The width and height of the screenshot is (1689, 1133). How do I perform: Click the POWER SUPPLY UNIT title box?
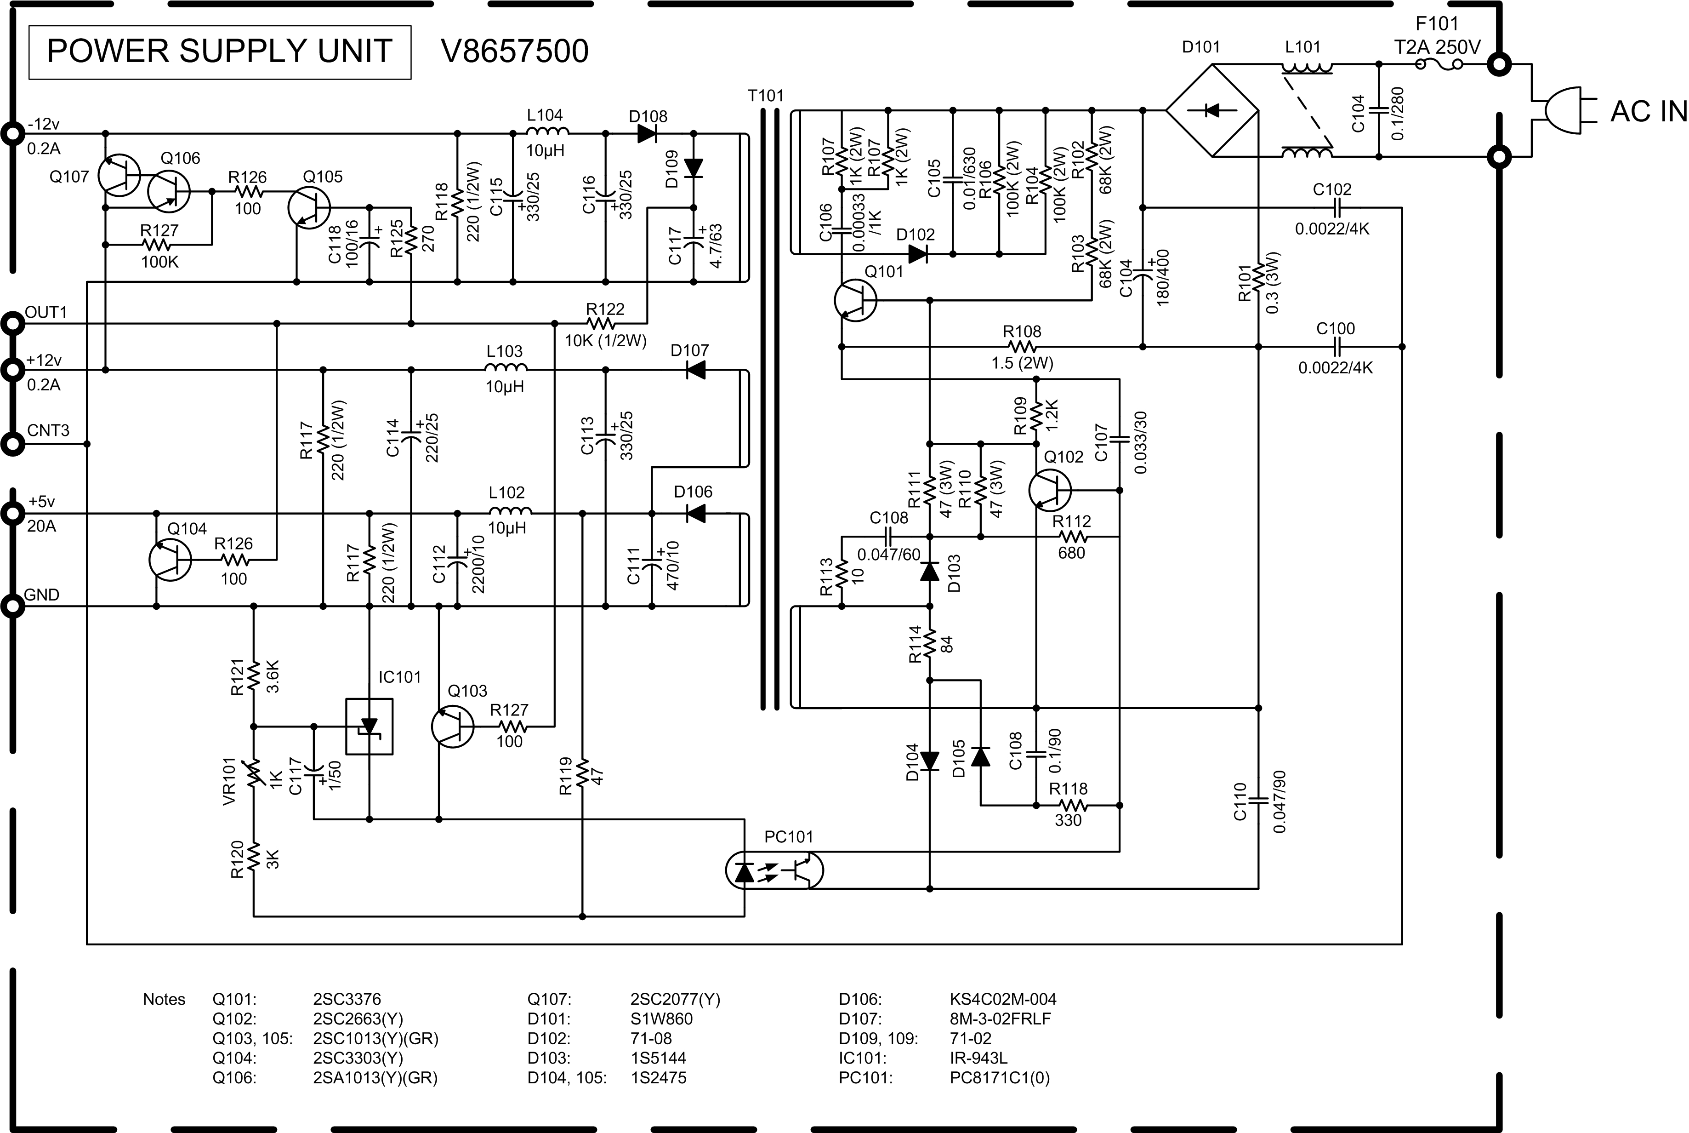[x=220, y=52]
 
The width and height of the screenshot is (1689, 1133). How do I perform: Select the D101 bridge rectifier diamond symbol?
[x=1212, y=110]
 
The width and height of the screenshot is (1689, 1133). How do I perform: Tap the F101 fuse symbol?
[x=1439, y=65]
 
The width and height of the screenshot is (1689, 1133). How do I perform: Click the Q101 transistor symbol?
[x=855, y=301]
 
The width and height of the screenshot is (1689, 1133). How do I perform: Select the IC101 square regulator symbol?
[x=369, y=726]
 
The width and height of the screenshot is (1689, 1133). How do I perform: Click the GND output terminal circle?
[x=13, y=606]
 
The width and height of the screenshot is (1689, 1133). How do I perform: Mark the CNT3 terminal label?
[x=48, y=431]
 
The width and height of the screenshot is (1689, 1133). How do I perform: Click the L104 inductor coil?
[x=546, y=132]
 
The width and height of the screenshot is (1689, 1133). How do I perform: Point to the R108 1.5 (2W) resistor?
[x=1022, y=347]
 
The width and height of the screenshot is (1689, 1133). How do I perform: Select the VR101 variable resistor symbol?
[x=253, y=774]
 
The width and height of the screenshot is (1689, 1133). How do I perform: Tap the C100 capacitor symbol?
[x=1336, y=347]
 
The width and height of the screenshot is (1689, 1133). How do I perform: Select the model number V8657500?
[x=514, y=52]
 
